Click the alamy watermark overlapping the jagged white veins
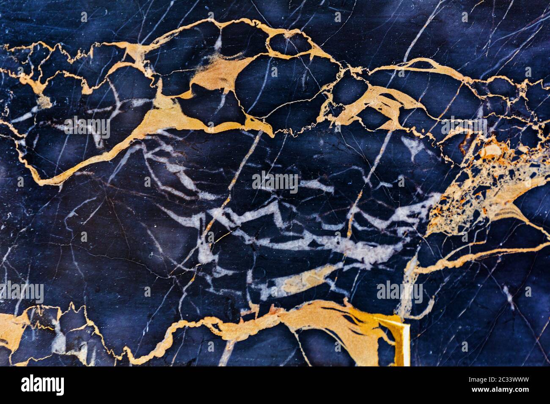tap(275, 181)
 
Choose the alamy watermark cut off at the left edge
tap(21, 292)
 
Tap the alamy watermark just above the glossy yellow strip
tap(399, 292)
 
